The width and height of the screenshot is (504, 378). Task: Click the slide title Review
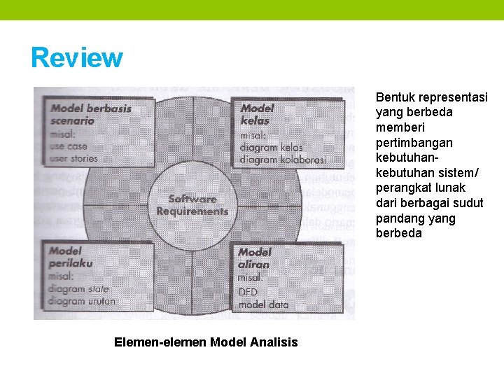[76, 58]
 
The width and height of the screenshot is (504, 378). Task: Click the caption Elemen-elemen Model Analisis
[206, 342]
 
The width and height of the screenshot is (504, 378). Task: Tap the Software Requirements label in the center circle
[192, 205]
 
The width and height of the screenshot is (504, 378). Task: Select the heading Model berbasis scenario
[90, 114]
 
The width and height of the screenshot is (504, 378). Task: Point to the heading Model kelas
[257, 114]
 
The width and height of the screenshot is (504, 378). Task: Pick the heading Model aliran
[254, 258]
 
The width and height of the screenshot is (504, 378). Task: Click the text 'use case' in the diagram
[69, 146]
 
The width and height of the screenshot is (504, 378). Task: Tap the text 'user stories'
[73, 159]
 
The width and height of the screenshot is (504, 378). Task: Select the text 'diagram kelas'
[271, 148]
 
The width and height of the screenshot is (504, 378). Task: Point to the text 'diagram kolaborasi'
[282, 160]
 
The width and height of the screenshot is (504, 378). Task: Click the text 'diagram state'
[78, 288]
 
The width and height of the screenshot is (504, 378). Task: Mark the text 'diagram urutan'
[82, 301]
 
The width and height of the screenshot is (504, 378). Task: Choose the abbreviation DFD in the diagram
[248, 291]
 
